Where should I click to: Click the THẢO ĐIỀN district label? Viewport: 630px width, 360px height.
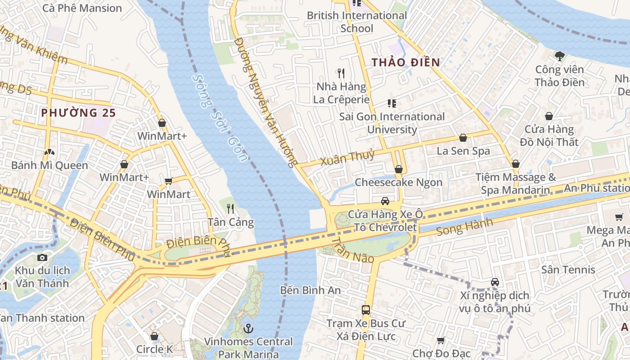coord(406,63)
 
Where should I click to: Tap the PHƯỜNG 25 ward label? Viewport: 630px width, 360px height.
coord(79,112)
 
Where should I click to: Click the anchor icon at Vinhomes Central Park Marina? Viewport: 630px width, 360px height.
coord(248,328)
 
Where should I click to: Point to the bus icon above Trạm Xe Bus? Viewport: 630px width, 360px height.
coord(366,310)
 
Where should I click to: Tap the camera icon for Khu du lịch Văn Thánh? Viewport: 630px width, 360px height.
coord(42,257)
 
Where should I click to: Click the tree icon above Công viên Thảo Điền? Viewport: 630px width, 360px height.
coord(560,56)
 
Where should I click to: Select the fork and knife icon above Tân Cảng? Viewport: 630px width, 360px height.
coord(230,208)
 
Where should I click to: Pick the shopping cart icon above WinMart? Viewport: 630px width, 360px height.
coord(169,181)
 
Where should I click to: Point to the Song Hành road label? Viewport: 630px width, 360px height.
coord(465,227)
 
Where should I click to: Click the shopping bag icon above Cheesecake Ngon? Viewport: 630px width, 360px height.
coord(398,169)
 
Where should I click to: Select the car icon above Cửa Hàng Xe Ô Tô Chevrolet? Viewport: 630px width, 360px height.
coord(385,201)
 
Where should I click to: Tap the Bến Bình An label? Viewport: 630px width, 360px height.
coord(310,290)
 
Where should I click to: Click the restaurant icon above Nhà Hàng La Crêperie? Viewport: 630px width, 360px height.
coord(341,73)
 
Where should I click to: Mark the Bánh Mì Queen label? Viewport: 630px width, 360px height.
coord(49,165)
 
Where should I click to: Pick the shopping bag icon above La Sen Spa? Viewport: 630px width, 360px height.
coord(463,138)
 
